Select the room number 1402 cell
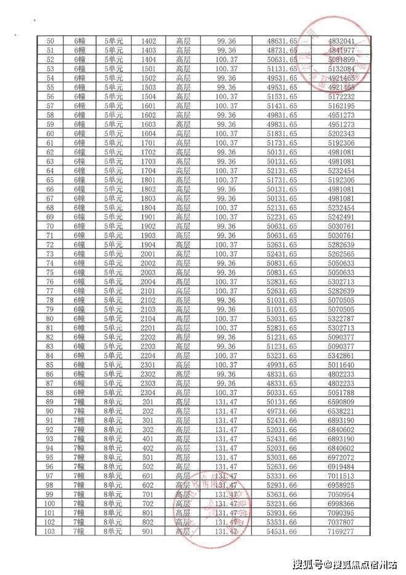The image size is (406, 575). coord(148,41)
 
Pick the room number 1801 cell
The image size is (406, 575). coord(148,180)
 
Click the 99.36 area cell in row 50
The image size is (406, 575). coord(226,41)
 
